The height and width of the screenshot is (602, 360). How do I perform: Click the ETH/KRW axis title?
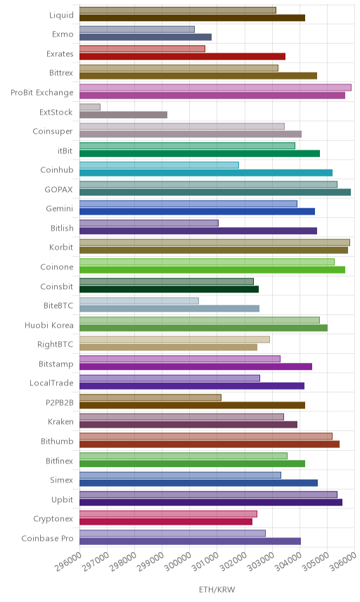pos(217,589)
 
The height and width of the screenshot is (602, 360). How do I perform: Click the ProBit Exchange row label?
pos(41,93)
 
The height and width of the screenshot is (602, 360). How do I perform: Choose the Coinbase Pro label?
pos(47,538)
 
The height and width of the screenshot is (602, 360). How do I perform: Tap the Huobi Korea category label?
pos(49,325)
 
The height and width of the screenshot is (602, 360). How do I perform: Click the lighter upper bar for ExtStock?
pos(90,107)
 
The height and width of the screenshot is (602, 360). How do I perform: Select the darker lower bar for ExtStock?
pos(123,115)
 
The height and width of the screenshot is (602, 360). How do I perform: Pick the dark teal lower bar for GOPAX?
pos(215,192)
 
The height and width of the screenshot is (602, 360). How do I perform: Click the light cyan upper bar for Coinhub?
pos(159,165)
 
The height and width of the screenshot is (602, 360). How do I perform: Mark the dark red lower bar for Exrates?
pos(182,56)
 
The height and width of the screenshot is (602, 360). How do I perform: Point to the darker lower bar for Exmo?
pos(146,37)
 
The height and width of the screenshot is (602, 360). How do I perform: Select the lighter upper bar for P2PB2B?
pos(150,397)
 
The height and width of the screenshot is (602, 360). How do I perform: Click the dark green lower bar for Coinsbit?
pos(169,289)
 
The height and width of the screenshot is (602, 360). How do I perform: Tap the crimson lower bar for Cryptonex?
pos(166,521)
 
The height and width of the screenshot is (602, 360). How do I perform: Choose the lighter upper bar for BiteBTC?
pos(139,300)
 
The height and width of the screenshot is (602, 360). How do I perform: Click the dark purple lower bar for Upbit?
pos(211,502)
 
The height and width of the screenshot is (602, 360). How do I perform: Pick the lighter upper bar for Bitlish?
pos(149,223)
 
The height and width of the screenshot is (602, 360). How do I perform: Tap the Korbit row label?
pos(61,248)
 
